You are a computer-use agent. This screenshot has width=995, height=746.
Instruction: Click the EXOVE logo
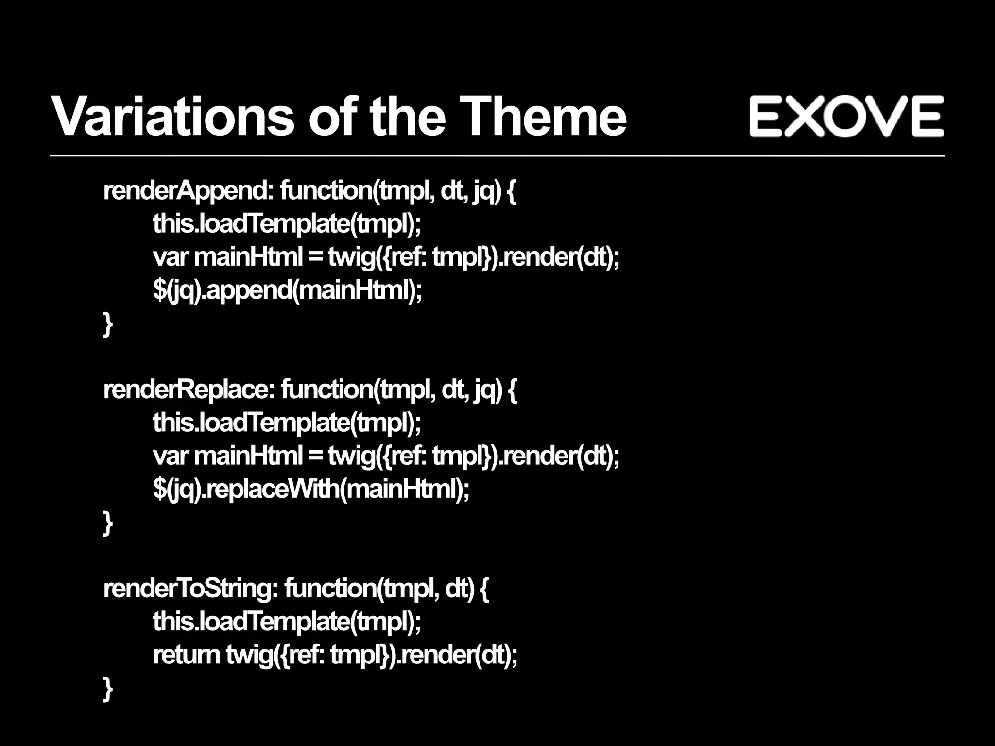click(846, 116)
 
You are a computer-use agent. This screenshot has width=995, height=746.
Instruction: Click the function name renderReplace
click(188, 390)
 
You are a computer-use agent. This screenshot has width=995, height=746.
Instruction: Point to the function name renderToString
click(189, 589)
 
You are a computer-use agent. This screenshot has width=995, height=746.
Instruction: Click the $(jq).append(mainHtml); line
click(287, 291)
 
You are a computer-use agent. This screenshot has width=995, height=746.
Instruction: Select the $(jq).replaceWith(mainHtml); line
click(311, 490)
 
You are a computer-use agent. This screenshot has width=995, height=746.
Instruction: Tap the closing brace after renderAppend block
click(108, 324)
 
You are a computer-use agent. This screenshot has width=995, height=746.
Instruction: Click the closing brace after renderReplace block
click(108, 523)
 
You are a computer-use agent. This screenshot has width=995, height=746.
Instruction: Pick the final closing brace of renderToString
click(108, 689)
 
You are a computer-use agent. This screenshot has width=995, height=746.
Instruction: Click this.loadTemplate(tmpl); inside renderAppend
click(287, 224)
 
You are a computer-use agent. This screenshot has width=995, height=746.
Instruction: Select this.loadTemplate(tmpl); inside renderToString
click(287, 622)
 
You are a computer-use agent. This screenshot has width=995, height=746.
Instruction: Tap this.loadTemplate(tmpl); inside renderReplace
click(287, 423)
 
